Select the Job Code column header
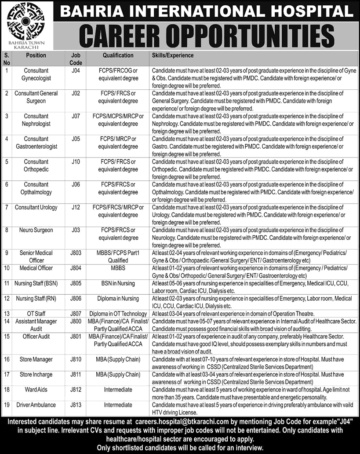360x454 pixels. click(73, 59)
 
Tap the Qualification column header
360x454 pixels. click(118, 55)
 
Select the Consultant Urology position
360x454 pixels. click(36, 207)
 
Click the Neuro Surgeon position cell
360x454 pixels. click(36, 230)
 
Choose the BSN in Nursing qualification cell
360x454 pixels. click(118, 283)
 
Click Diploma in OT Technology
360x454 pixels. click(118, 314)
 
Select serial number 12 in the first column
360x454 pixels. click(7, 298)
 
